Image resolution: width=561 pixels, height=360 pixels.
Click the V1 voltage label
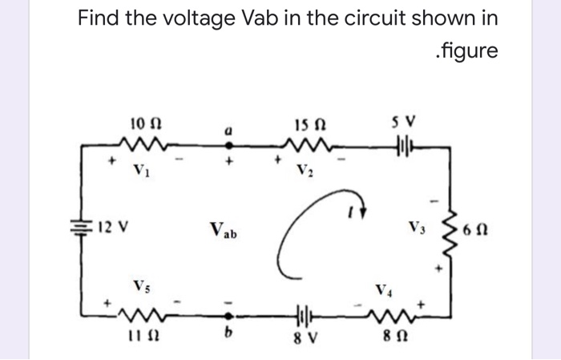141,171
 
